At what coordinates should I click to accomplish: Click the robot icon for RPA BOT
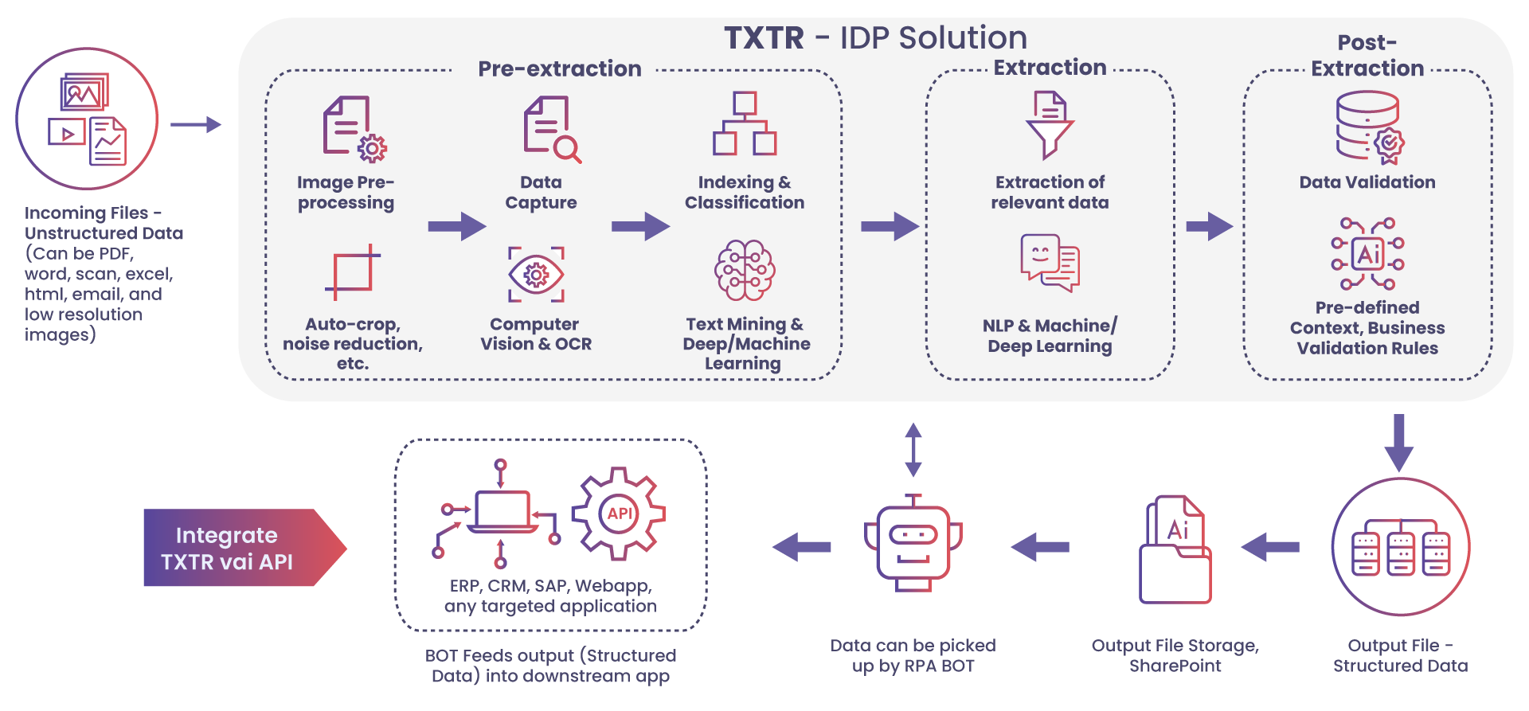click(913, 544)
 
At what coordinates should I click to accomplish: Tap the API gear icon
click(619, 514)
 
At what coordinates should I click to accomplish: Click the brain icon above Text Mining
click(745, 271)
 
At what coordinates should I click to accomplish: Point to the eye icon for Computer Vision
click(536, 275)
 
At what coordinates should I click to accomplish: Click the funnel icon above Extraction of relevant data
click(1050, 125)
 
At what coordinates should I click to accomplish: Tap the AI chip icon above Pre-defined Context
click(1368, 254)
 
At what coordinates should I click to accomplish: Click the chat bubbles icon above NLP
click(1050, 262)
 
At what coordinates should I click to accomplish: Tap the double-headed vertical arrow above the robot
click(913, 450)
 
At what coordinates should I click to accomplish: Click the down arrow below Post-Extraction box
click(1398, 443)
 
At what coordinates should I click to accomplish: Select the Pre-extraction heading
click(559, 69)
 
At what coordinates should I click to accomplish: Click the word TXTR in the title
click(764, 38)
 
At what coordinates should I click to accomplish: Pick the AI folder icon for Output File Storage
click(1175, 550)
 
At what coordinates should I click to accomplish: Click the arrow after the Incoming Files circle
click(196, 124)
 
